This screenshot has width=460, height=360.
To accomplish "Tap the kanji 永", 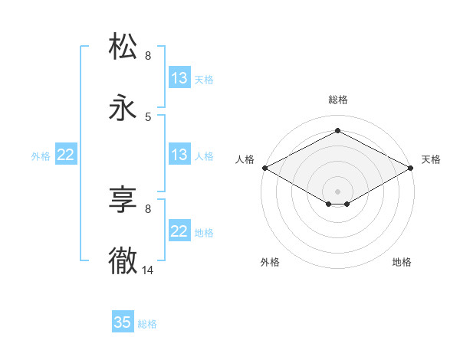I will pos(123,108).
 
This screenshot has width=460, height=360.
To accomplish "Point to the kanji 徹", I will pos(123,261).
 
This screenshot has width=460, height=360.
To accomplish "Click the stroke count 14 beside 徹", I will pos(148,270).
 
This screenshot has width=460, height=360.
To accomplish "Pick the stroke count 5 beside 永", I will pos(148,116).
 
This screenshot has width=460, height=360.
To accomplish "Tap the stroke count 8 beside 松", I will pos(148,55).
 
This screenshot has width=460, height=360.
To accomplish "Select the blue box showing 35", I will pos(123,322).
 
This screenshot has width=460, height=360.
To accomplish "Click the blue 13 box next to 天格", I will pos(179,78).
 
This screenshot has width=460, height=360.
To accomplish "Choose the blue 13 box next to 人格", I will pos(179,155).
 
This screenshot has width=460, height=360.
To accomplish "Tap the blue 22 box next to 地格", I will pos(179,231).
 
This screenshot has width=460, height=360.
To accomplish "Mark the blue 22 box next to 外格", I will pos(66,155).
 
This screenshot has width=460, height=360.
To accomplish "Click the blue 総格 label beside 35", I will pos(147,324).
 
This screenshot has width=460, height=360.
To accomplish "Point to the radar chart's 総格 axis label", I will pos(338,100).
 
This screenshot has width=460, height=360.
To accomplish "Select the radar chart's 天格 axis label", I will pos(431,159).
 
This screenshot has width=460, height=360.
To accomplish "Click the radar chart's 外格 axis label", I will pos(270,262).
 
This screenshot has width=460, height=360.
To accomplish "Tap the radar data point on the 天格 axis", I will pos(412,168).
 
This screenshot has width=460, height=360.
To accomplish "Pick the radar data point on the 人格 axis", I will pos(264,168).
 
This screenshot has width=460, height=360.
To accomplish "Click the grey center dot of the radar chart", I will pos(338,190).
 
